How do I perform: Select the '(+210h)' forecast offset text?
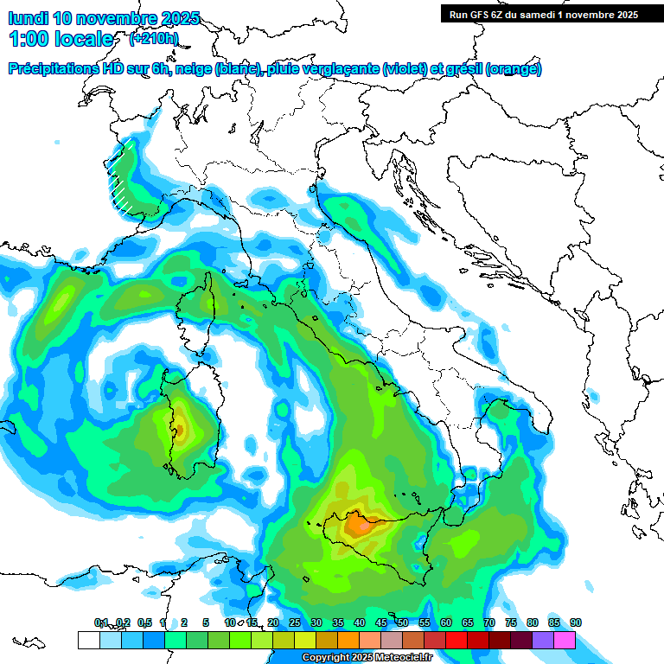point(154,38)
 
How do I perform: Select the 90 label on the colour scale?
point(576,622)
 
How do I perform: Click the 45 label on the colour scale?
point(381,622)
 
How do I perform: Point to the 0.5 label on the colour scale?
point(144,622)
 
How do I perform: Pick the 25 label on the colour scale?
point(295,622)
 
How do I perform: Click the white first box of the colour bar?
point(88,640)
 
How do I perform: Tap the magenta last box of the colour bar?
point(564,640)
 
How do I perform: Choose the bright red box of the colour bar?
point(456,640)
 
